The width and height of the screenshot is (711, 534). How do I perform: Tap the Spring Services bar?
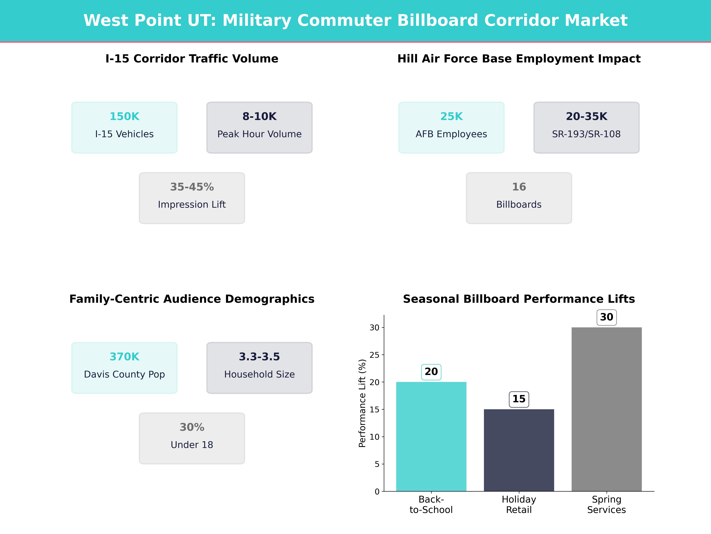point(607,409)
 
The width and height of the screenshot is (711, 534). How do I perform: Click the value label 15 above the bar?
point(519,399)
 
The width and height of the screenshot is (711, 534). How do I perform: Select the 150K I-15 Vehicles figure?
point(124,117)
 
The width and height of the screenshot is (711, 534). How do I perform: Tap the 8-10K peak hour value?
point(259,117)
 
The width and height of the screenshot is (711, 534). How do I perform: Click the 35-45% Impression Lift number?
point(192,187)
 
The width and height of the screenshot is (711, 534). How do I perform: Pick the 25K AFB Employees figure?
point(451,117)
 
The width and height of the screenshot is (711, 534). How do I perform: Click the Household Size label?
point(259,374)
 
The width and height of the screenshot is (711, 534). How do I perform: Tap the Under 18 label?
point(192,445)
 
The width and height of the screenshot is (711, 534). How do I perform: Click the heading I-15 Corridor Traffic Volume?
point(192,59)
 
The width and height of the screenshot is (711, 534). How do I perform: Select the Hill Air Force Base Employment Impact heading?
point(519,59)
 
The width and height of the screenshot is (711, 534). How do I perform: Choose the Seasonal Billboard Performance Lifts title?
point(519,299)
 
